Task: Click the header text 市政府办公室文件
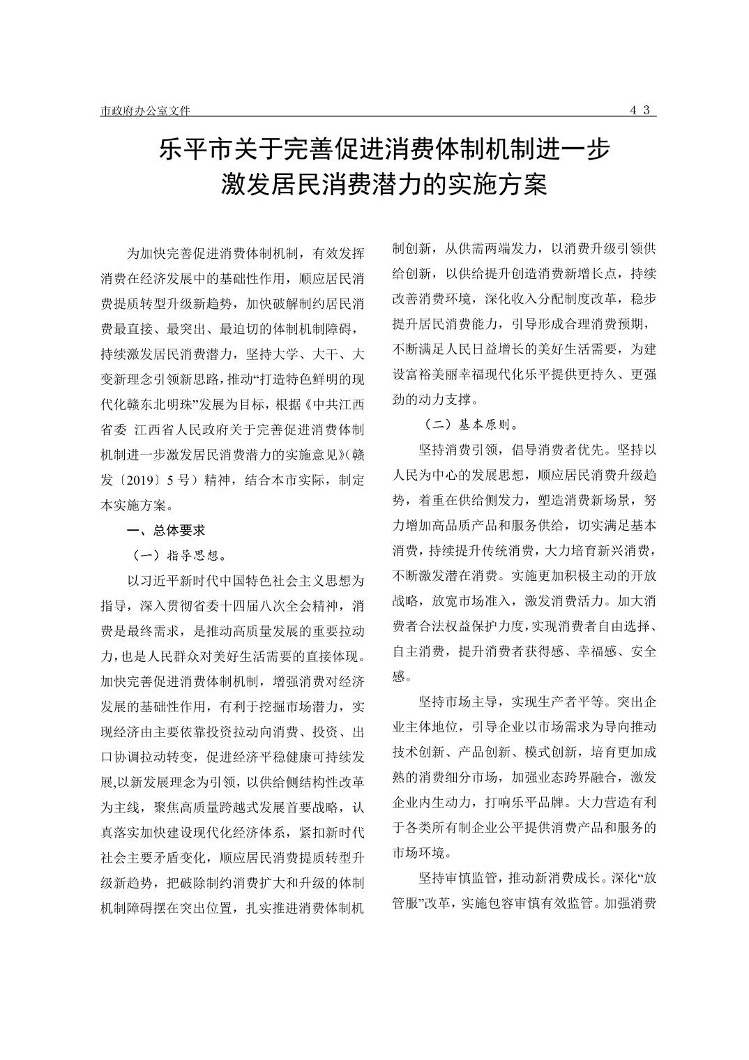tap(145, 110)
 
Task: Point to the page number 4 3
tap(640, 109)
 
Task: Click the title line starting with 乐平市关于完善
tap(384, 149)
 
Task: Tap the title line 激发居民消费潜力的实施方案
tap(384, 185)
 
